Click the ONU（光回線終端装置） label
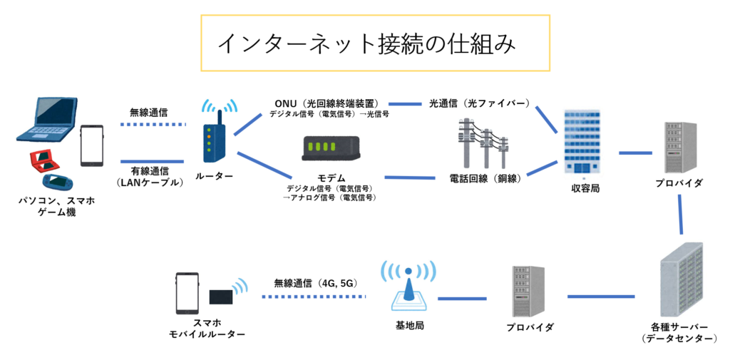pos(326,103)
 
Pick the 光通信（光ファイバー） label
pos(479,103)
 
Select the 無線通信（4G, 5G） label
pos(315,283)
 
